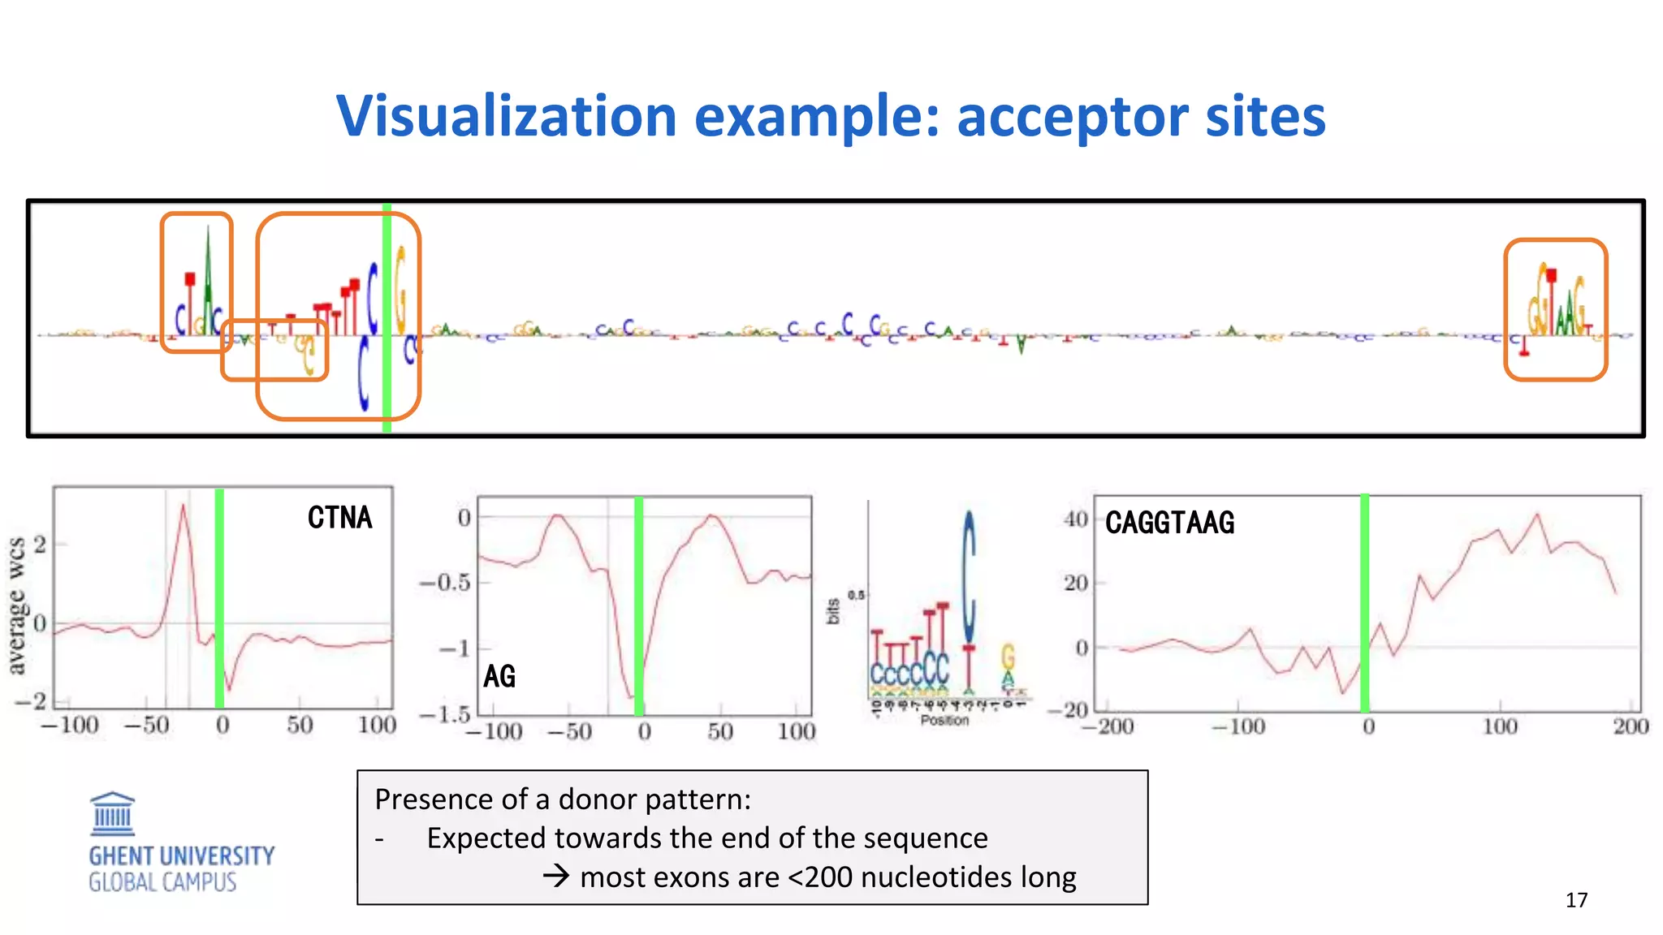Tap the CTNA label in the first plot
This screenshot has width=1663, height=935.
339,518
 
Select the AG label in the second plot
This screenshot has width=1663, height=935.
499,676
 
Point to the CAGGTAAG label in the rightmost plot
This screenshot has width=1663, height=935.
1169,523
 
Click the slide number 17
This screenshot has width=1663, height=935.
1576,900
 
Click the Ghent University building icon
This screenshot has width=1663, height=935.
112,814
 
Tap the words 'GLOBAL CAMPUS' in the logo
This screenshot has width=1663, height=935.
162,882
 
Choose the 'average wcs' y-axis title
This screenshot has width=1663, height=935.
16,605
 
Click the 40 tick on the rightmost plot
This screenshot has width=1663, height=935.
1076,519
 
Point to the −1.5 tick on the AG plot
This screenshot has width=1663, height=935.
444,714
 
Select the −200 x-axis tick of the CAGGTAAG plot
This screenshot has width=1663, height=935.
1108,726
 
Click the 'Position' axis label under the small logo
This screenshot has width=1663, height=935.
944,720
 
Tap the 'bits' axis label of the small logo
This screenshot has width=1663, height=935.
832,611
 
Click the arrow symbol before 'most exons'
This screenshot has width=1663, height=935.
555,876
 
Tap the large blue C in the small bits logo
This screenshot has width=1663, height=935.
968,576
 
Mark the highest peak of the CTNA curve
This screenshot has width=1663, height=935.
184,506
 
